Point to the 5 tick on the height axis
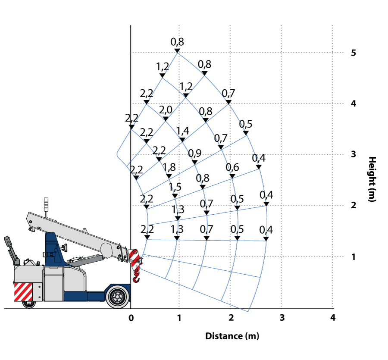point(353,53)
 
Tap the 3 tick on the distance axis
point(282,318)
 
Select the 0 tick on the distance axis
point(131,318)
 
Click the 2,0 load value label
point(166,110)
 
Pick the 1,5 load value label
point(175,187)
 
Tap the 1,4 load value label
point(182,131)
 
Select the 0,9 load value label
point(194,153)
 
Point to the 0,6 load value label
point(232,167)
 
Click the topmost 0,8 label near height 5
point(177,42)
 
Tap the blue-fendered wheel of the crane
point(117,297)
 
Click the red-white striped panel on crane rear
point(23,291)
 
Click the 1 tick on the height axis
point(353,257)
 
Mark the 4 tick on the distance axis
point(332,318)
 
